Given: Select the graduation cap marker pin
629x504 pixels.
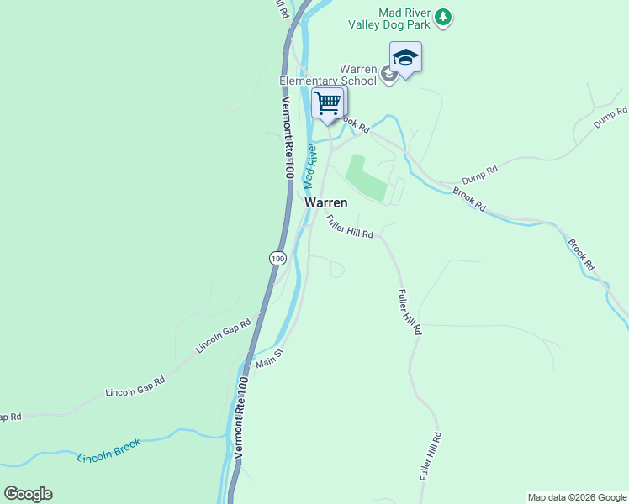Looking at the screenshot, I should pyautogui.click(x=405, y=58).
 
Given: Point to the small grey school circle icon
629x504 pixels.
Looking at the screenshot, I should pyautogui.click(x=388, y=76).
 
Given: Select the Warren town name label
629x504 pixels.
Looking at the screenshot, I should pyautogui.click(x=326, y=202).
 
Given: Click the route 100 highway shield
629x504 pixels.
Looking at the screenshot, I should pyautogui.click(x=277, y=257).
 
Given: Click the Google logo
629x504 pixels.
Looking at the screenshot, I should pyautogui.click(x=28, y=494).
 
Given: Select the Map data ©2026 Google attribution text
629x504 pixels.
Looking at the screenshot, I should pyautogui.click(x=577, y=497).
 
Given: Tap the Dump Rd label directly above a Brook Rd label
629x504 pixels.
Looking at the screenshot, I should pyautogui.click(x=480, y=175).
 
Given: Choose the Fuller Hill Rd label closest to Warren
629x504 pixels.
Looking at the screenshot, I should pyautogui.click(x=350, y=228).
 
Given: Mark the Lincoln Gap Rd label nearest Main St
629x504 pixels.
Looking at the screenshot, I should pyautogui.click(x=224, y=335).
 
